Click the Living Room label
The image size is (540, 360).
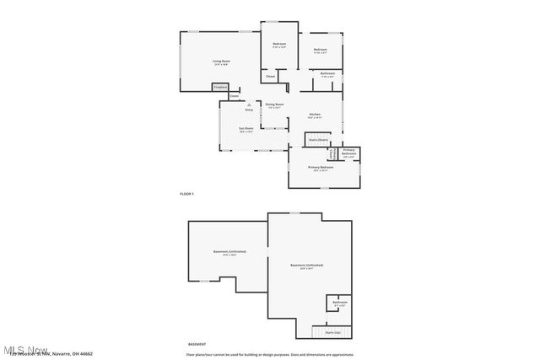[x=221, y=61]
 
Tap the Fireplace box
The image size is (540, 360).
[x=220, y=87]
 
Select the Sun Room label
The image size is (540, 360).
[x=246, y=128]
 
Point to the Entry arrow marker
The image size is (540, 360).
[x=249, y=105]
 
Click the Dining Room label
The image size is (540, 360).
[x=275, y=105]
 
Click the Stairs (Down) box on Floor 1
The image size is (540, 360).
[x=317, y=139]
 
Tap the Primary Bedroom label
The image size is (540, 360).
[x=321, y=168]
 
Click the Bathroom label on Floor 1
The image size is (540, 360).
[x=328, y=74]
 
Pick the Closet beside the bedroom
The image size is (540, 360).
[x=271, y=77]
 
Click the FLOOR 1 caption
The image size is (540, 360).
[x=186, y=194]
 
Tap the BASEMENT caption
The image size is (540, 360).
[x=197, y=344]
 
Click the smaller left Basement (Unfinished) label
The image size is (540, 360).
[x=229, y=252]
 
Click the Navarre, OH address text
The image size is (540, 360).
[x=63, y=354]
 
